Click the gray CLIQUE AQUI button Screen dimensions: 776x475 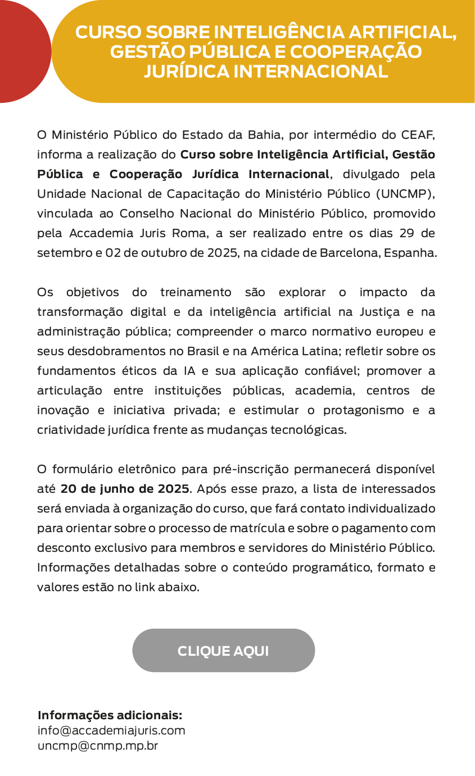click(223, 651)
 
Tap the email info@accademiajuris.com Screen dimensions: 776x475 click(111, 730)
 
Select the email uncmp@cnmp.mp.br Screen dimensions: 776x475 click(98, 746)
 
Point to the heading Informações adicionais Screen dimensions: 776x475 click(110, 715)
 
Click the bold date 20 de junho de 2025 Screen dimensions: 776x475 click(125, 488)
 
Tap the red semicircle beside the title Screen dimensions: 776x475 click(22, 51)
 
